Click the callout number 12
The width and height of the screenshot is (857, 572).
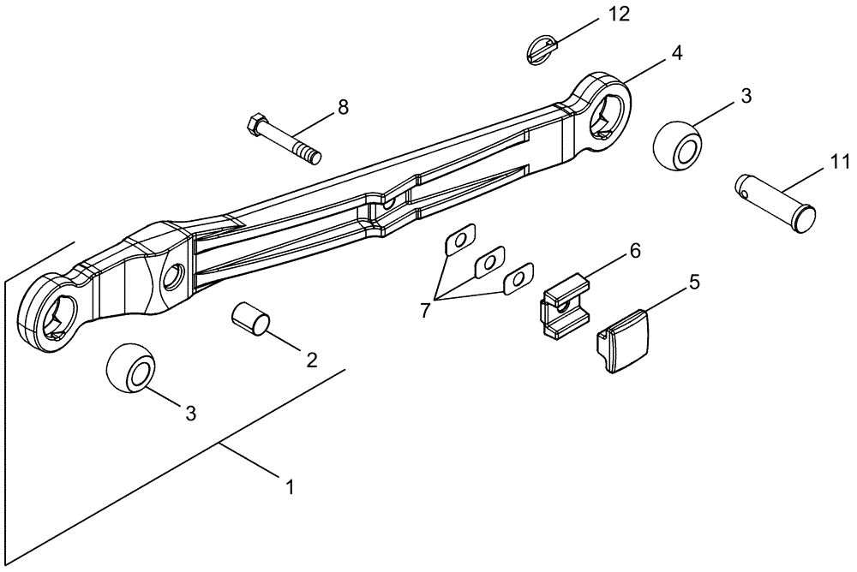[618, 15]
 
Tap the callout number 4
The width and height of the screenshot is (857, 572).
[676, 53]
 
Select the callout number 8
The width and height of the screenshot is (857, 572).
[343, 107]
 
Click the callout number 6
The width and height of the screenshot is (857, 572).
[634, 251]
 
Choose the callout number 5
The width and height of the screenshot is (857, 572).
[695, 281]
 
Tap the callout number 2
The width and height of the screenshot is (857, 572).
[311, 358]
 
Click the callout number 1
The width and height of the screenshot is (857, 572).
[290, 487]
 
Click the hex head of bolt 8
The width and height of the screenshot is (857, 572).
[255, 125]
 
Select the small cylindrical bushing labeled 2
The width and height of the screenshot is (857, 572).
[250, 319]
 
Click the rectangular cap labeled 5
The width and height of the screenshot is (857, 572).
[623, 342]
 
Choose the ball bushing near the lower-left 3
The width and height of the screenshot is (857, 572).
[131, 369]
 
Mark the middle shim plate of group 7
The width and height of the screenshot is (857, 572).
[489, 262]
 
